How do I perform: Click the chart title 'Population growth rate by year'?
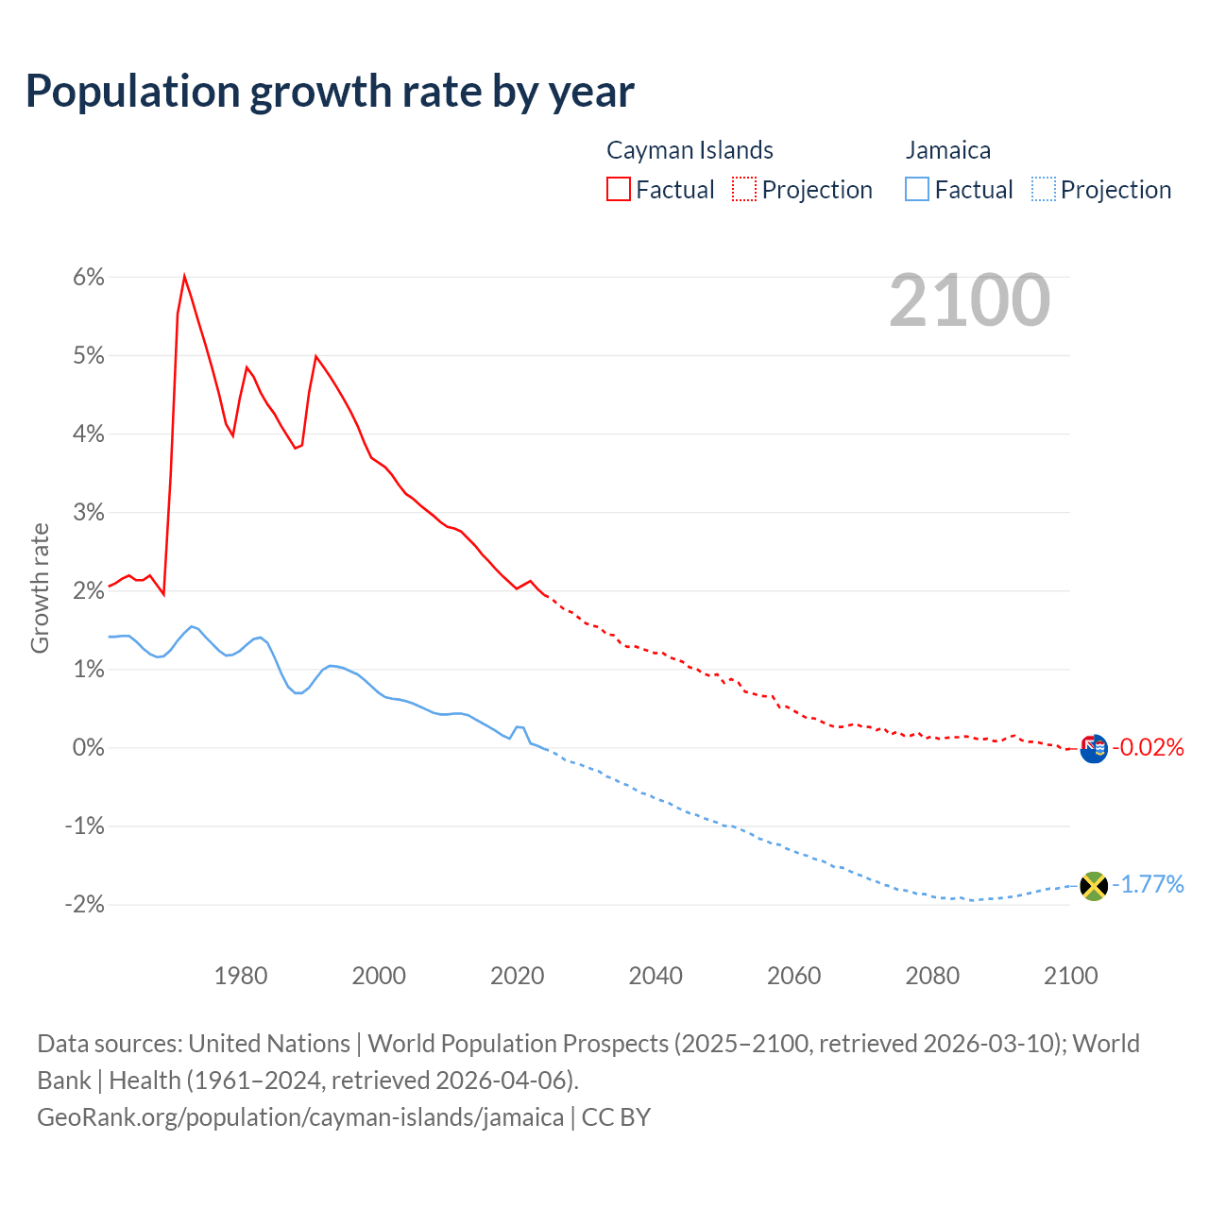(x=330, y=92)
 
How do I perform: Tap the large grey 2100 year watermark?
(x=969, y=300)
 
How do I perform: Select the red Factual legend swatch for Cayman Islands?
(x=618, y=189)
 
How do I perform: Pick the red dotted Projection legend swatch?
(x=744, y=189)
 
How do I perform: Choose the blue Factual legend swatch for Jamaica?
(x=916, y=189)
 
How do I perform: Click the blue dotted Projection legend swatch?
(x=1043, y=189)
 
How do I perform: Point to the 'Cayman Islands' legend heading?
(x=690, y=150)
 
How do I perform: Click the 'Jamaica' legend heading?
(x=947, y=150)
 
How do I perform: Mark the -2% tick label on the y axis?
(x=84, y=904)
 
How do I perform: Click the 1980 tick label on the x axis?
(x=241, y=976)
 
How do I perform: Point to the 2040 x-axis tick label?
(x=656, y=976)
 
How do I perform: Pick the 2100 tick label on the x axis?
(x=1070, y=976)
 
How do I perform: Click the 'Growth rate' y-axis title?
(x=40, y=587)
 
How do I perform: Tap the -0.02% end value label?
(x=1148, y=748)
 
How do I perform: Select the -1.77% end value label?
(x=1148, y=885)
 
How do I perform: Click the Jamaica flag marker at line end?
(x=1094, y=886)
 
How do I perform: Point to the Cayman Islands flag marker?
(x=1094, y=749)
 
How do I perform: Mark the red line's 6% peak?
(x=184, y=276)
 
